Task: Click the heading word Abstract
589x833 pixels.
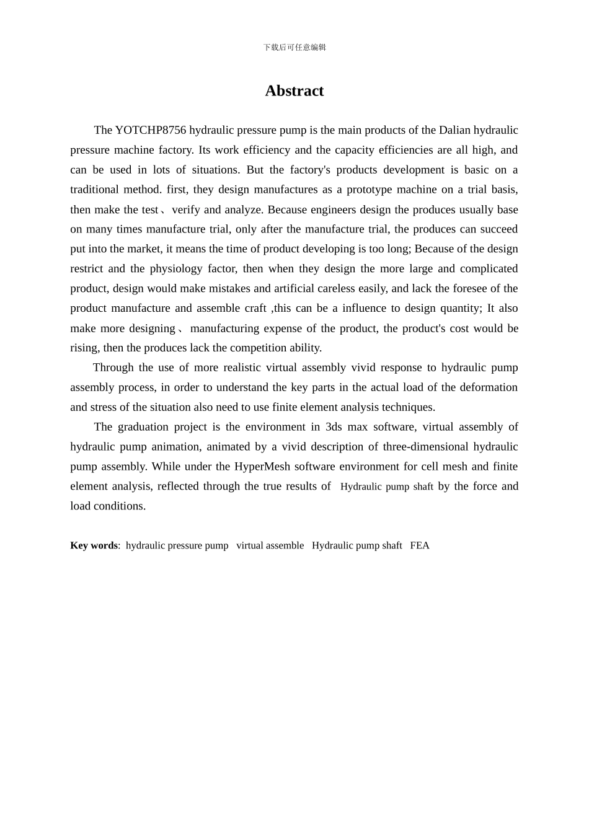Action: click(x=294, y=91)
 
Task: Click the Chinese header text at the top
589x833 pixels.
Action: click(x=294, y=47)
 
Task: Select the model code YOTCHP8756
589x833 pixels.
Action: click(x=151, y=130)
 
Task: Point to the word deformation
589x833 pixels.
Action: click(x=488, y=387)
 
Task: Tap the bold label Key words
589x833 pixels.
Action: click(x=94, y=545)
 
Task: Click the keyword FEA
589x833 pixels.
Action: click(x=420, y=545)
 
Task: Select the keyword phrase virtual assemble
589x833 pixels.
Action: click(x=270, y=545)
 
